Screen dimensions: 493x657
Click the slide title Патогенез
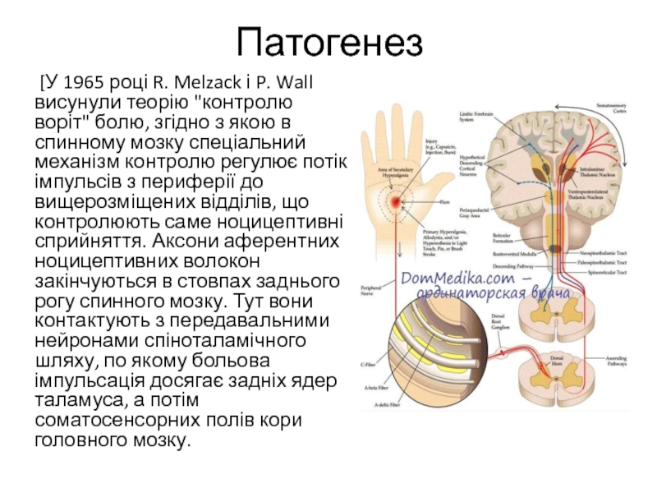coord(328,43)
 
